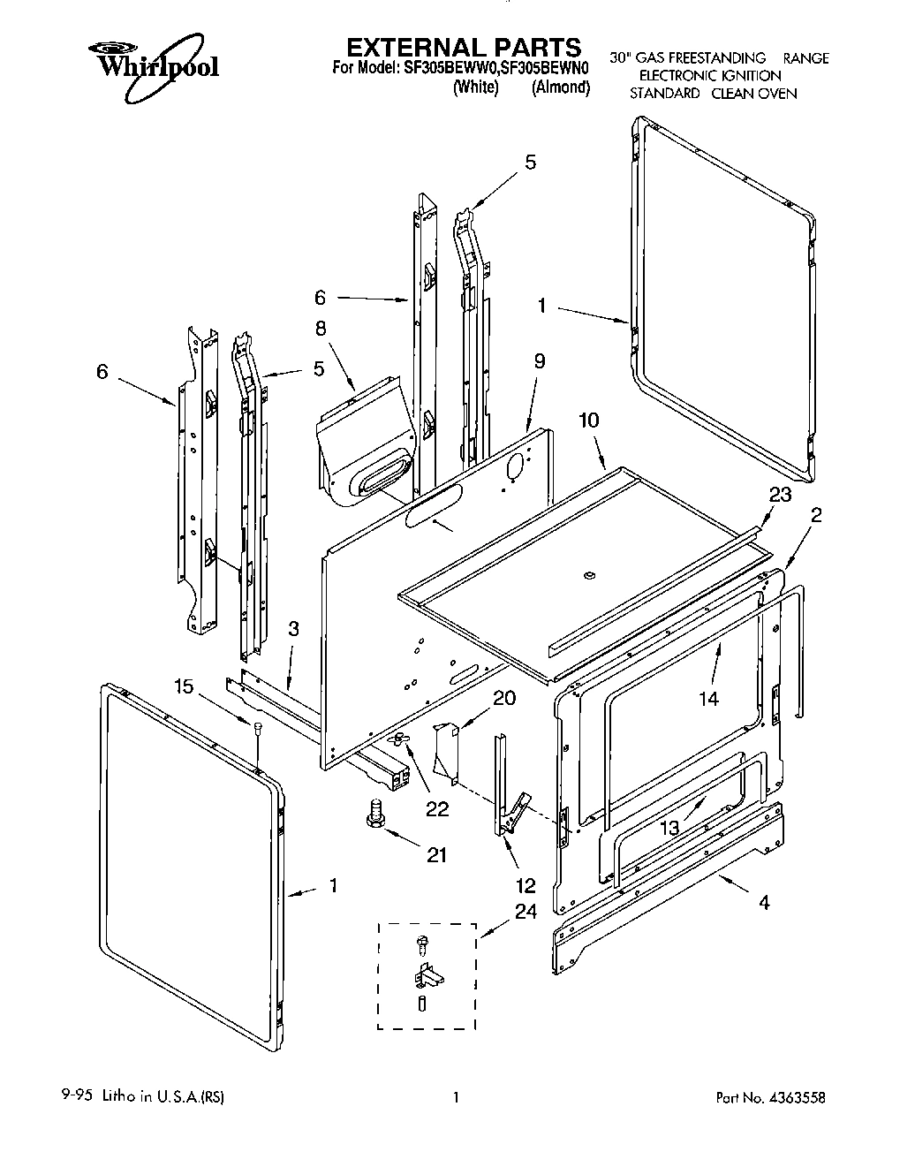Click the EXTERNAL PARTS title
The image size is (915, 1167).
[x=462, y=47]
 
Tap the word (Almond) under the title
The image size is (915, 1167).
[x=560, y=87]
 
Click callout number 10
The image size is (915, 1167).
[x=588, y=421]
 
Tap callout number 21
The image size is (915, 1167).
[x=435, y=854]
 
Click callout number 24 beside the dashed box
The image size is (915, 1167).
[x=526, y=913]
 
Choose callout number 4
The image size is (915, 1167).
[x=763, y=903]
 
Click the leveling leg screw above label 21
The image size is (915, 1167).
[x=372, y=811]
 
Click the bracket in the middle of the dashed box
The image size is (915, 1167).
[x=427, y=978]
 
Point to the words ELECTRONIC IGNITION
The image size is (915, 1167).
[x=709, y=76]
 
